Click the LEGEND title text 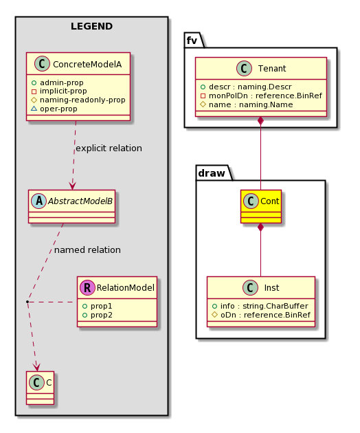coord(91,27)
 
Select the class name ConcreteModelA coord(87,65)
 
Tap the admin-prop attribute coord(62,82)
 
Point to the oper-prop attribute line coord(58,109)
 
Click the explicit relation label coord(109,148)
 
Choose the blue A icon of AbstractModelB coord(39,201)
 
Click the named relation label coord(87,250)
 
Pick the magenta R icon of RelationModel coord(87,288)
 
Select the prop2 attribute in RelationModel coord(102,315)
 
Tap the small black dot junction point coord(27,302)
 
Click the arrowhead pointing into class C coord(36,368)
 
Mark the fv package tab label coord(192,41)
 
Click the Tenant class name coord(272,69)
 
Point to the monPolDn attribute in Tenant coord(265,96)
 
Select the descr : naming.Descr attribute coord(250,87)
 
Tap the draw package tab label coord(212,173)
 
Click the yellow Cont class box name coord(270,201)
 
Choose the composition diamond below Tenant coord(260,121)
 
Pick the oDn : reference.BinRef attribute coord(265,315)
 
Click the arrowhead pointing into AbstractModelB coord(72,186)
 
